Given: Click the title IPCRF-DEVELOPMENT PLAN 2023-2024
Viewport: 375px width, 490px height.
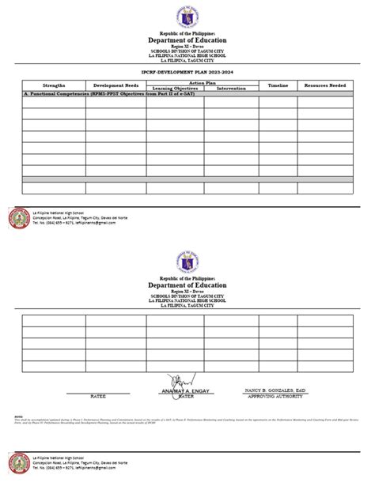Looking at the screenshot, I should click(187, 71).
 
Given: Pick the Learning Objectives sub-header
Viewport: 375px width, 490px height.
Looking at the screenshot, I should click(174, 88).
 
